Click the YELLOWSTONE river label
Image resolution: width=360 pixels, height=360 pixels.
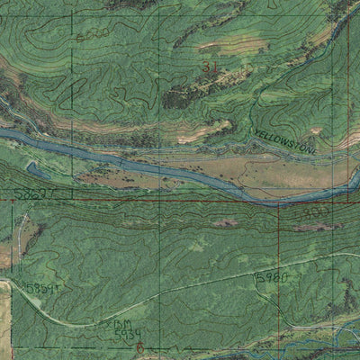click(284, 139)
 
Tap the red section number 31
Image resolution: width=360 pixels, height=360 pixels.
click(210, 68)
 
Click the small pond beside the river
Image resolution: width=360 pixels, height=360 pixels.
click(38, 167)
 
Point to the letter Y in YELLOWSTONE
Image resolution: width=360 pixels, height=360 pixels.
click(256, 133)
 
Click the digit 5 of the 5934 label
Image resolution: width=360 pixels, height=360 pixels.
click(118, 334)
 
